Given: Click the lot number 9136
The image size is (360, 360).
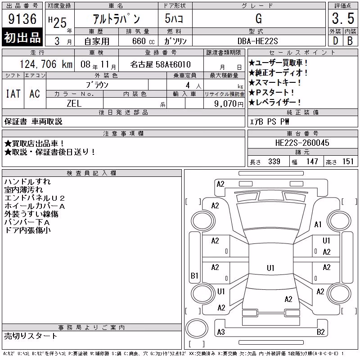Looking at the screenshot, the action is (22, 19).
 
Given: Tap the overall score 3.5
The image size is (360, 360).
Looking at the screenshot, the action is (343, 18).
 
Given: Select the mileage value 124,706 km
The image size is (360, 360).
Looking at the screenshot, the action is (46, 64).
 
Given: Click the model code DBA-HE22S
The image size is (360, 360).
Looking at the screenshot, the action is (257, 41).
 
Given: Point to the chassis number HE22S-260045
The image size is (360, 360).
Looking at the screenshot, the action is (302, 143).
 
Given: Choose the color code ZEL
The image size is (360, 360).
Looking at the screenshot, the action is (74, 103).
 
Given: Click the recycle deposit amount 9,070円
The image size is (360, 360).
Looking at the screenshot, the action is (229, 103).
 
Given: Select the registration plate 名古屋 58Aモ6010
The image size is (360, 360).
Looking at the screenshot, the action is (160, 64).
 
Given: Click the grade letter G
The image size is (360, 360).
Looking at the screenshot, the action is (258, 18).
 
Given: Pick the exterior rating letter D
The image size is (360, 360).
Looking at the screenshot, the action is (335, 41).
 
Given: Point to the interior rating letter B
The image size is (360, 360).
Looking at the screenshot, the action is (350, 41).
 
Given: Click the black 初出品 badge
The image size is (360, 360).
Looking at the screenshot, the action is (22, 37).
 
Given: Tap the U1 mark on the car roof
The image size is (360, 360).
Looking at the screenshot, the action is (270, 268).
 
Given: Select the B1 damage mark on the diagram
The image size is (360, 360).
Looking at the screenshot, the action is (194, 275).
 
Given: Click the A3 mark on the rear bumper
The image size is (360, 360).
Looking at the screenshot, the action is (221, 332).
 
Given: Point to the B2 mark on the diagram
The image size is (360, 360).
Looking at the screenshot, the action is (320, 332).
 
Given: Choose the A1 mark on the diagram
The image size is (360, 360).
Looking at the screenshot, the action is (318, 224).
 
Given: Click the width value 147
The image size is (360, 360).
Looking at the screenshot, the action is (312, 162).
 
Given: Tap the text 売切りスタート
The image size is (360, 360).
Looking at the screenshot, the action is (31, 336).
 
